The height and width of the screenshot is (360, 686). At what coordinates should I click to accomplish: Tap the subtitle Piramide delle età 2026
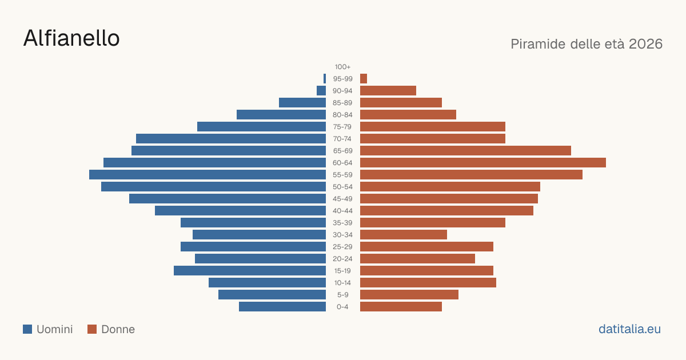click(587, 44)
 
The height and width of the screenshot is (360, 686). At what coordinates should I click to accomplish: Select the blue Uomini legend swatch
click(27, 329)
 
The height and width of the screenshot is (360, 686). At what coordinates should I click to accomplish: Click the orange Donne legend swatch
click(92, 329)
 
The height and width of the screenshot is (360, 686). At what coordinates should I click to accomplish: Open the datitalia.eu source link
click(629, 329)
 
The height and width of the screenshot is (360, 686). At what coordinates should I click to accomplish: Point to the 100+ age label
click(342, 67)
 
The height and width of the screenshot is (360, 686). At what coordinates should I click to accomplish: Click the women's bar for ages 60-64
click(483, 162)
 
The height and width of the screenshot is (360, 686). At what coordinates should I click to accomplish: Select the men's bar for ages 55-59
click(208, 174)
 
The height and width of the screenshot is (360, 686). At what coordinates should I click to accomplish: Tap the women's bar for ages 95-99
click(364, 79)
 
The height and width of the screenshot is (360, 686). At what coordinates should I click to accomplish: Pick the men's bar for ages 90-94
click(321, 91)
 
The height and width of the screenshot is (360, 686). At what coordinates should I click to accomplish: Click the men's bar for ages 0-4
click(282, 306)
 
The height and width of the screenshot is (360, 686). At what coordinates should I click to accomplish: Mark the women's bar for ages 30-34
click(404, 234)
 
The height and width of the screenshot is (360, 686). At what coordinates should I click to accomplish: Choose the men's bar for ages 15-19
click(250, 271)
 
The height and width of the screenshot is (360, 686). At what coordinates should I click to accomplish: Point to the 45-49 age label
click(342, 199)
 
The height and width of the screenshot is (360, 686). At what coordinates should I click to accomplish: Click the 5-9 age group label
click(342, 295)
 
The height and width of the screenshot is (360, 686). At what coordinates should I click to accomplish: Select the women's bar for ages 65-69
click(465, 151)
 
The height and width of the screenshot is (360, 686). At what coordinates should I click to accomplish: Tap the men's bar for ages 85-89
click(302, 102)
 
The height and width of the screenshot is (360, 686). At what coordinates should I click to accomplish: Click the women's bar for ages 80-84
click(408, 114)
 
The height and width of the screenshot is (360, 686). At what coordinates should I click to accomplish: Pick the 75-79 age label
click(342, 127)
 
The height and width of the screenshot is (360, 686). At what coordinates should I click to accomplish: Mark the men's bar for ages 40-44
click(241, 211)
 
